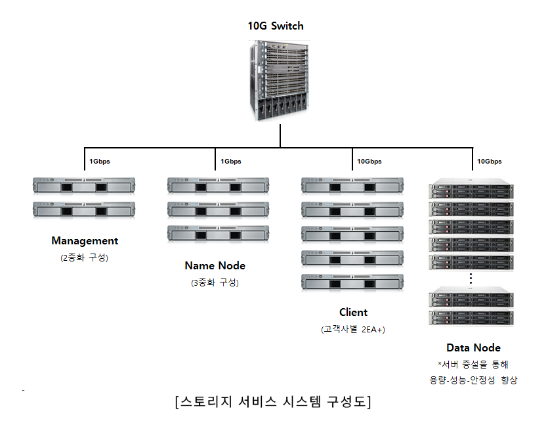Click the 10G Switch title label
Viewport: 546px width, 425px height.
pyautogui.click(x=276, y=26)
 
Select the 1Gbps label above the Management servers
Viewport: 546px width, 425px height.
pyautogui.click(x=100, y=161)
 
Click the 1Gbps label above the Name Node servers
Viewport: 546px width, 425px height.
pyautogui.click(x=230, y=161)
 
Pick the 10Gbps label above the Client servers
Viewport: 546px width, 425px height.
pyautogui.click(x=369, y=161)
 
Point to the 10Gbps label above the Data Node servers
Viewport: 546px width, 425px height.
pyautogui.click(x=489, y=161)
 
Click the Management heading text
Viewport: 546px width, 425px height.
pyautogui.click(x=85, y=241)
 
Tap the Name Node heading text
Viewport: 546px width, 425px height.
pyautogui.click(x=215, y=266)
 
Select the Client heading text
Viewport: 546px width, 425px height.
pyautogui.click(x=353, y=312)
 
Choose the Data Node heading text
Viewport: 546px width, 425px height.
pyautogui.click(x=473, y=347)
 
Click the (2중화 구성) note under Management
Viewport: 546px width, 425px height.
pyautogui.click(x=84, y=257)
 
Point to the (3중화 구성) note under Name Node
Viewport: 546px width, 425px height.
pyautogui.click(x=215, y=282)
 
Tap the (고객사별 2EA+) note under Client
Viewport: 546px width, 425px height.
pyautogui.click(x=353, y=329)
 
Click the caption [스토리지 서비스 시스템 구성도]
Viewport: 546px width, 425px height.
pyautogui.click(x=273, y=401)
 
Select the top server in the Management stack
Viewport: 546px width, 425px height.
pyautogui.click(x=83, y=187)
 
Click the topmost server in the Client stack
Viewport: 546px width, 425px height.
pyautogui.click(x=352, y=187)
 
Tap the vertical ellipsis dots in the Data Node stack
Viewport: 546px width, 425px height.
pyautogui.click(x=471, y=279)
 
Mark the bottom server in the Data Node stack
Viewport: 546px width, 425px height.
pyautogui.click(x=471, y=319)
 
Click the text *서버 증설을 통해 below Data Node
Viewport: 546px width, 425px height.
pyautogui.click(x=473, y=364)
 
